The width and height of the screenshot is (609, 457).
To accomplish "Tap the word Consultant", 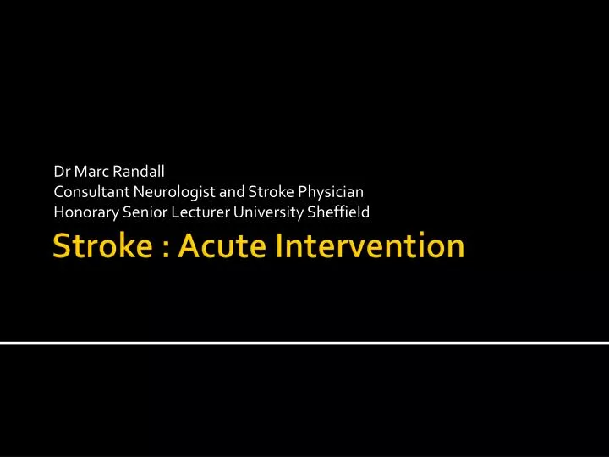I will [x=91, y=194].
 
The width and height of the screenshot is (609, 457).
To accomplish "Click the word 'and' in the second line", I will [x=232, y=194].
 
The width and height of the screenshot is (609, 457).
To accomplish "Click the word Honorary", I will [x=83, y=212].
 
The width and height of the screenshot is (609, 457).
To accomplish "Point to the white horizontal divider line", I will [x=304, y=344].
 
